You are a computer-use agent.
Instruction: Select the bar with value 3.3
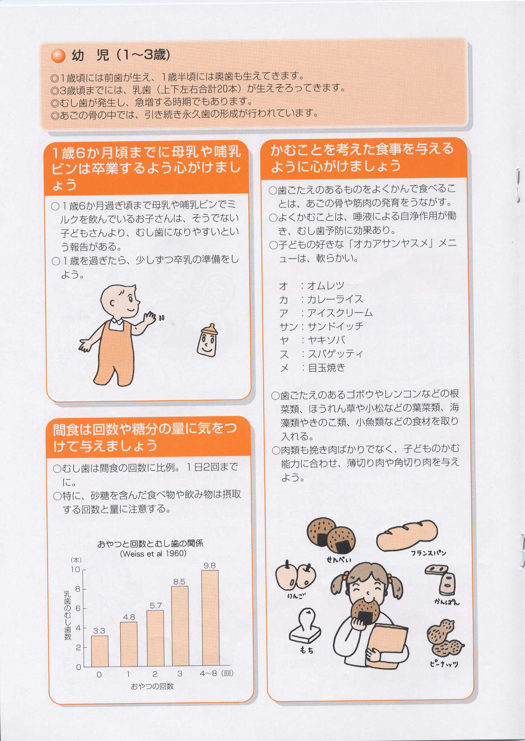100,651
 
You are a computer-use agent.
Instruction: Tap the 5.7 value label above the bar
156,605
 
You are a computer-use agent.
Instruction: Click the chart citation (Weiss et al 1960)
153,554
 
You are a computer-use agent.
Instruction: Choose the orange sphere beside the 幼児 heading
58,55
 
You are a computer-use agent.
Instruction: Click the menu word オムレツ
325,286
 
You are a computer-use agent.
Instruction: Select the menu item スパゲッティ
335,353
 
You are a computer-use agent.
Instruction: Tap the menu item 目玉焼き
326,367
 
